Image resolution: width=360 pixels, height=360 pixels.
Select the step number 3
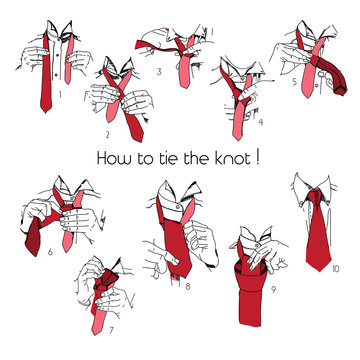[x=159, y=72]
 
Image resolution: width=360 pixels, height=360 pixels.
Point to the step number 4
[x=259, y=124]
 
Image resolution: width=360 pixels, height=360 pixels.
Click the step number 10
[x=335, y=267]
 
